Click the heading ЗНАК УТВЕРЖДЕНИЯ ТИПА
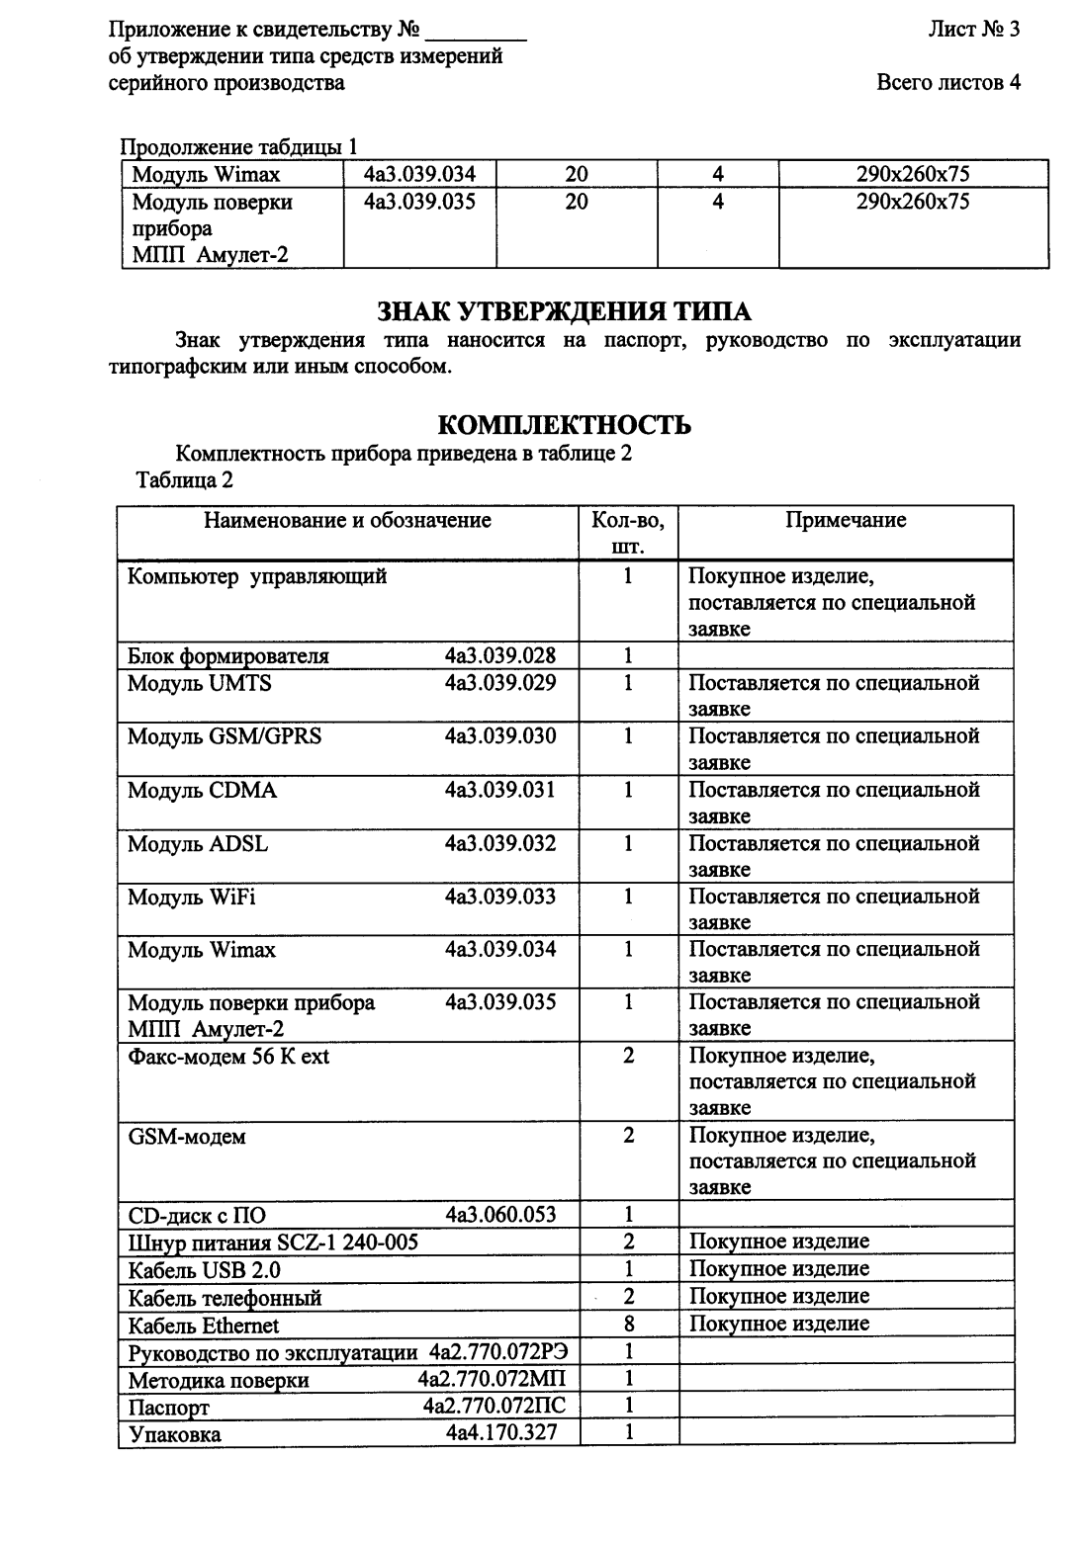[564, 312]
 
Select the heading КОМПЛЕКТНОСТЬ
[564, 426]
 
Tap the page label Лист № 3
[973, 30]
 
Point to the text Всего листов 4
[947, 83]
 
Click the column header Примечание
[846, 520]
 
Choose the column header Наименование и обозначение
[347, 520]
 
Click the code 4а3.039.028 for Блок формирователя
[500, 655]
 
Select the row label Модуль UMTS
[200, 683]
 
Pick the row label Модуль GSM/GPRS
[225, 736]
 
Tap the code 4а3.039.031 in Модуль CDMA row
[500, 790]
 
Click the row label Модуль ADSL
[198, 843]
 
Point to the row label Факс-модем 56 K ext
[228, 1057]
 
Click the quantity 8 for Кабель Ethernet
[628, 1324]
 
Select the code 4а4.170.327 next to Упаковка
[500, 1432]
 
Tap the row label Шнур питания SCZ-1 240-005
[273, 1242]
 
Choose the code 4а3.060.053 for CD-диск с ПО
[500, 1215]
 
